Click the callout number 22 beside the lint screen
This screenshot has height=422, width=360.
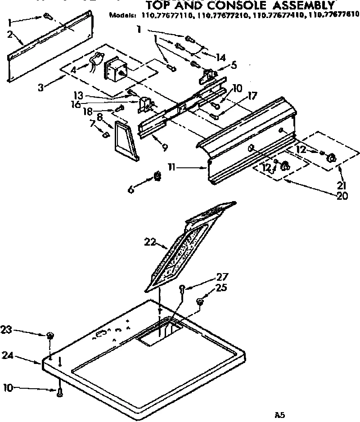[150, 242]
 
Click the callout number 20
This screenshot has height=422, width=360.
[342, 196]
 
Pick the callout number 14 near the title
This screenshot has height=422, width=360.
[220, 58]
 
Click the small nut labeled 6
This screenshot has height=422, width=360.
[157, 175]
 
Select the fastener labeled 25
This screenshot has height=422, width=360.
[200, 301]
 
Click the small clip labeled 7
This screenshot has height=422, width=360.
[107, 134]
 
